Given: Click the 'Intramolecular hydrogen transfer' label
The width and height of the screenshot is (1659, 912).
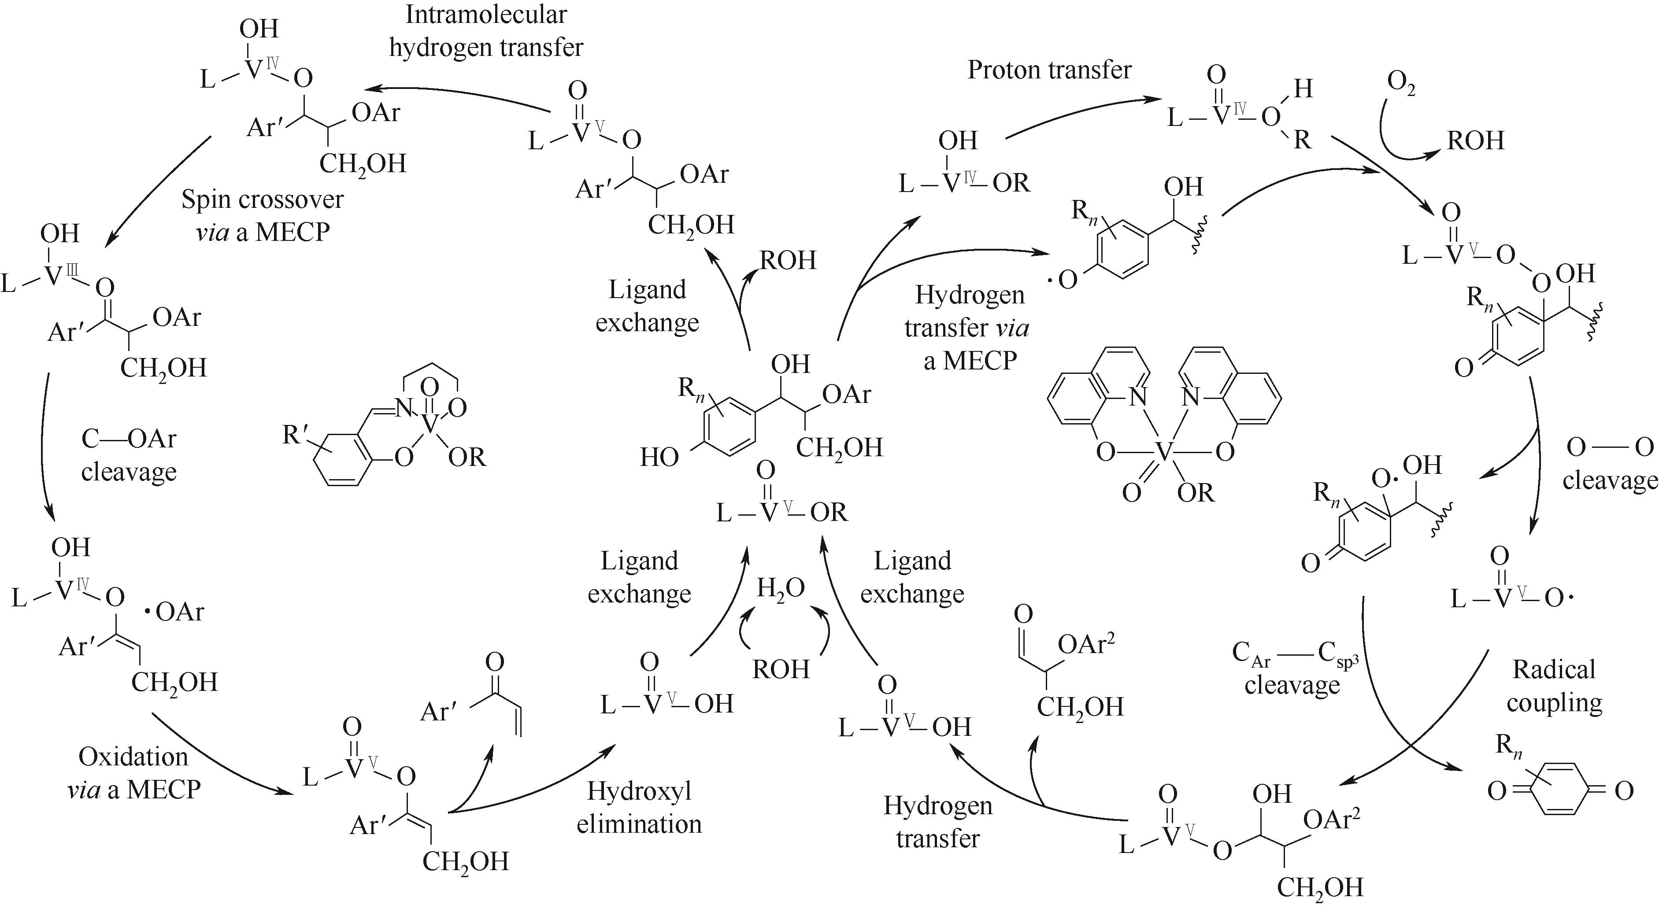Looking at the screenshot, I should (486, 31).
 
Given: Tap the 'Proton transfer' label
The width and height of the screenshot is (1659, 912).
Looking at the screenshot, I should (1049, 70).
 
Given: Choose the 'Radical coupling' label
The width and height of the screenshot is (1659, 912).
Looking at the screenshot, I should (1554, 686).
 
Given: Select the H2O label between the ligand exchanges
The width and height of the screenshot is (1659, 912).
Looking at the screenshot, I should (781, 589).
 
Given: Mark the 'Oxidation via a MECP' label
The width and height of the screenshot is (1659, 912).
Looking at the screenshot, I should (134, 773).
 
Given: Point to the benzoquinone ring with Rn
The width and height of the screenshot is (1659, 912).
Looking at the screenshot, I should (1560, 790).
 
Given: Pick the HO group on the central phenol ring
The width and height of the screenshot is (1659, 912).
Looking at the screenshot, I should (659, 457).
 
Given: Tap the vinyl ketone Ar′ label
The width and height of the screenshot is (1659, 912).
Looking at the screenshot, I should (442, 711).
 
